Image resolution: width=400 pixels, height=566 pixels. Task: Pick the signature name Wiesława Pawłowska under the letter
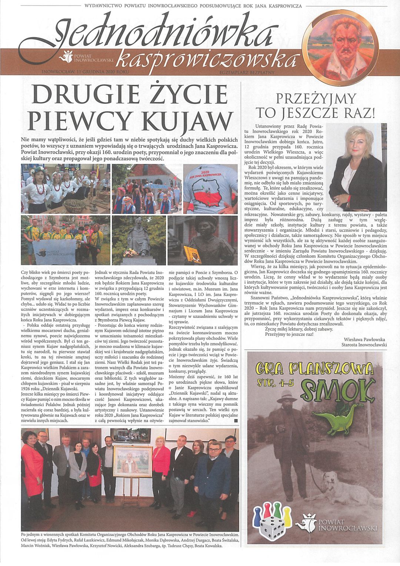point(365,339)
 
